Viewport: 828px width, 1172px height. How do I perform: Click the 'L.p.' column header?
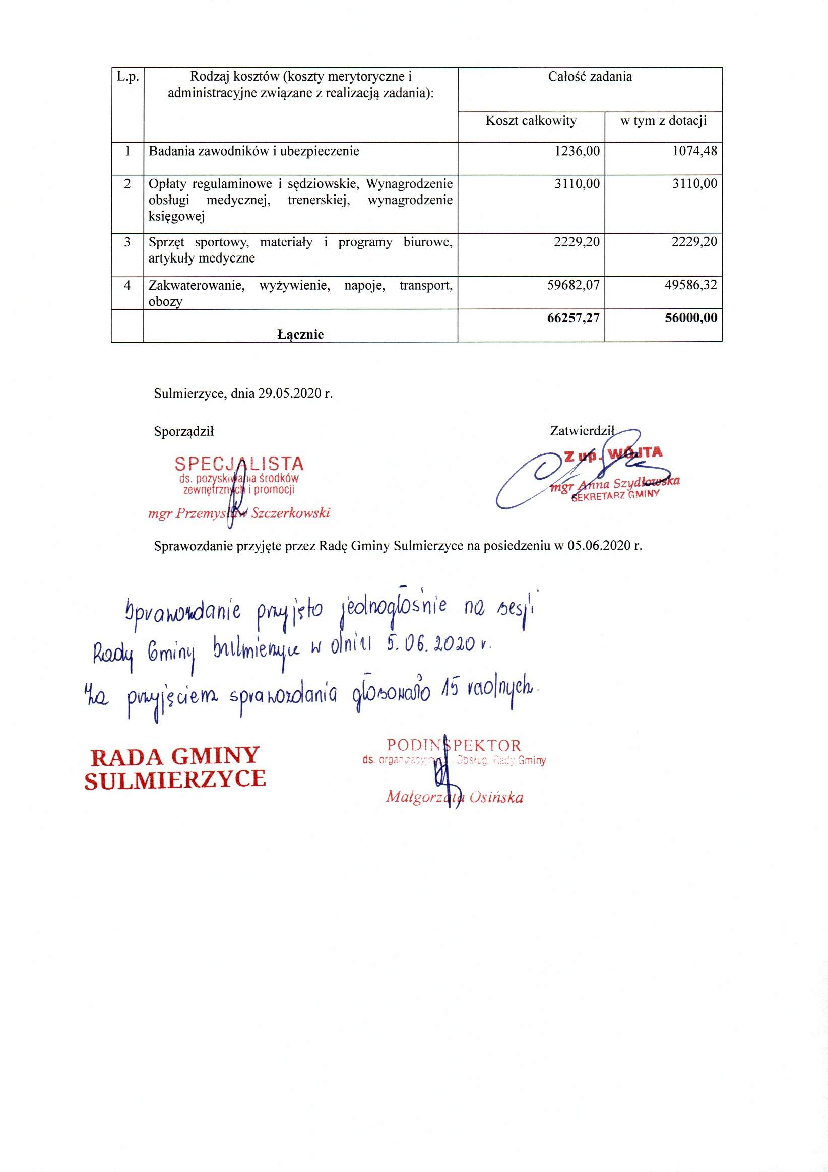(128, 77)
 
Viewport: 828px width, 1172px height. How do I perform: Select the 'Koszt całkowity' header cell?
(531, 121)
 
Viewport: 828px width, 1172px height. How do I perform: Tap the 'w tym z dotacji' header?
(663, 121)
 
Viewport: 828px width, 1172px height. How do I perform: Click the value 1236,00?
(577, 151)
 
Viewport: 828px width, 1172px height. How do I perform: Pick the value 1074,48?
(694, 151)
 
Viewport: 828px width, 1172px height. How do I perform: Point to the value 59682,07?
(574, 285)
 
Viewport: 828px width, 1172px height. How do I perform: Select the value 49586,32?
(690, 285)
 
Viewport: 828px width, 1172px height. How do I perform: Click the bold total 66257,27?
(574, 318)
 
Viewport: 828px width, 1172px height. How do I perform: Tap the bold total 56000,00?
(691, 318)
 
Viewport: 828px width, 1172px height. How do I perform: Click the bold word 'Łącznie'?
(300, 335)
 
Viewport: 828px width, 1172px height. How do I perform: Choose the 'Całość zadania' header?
(590, 77)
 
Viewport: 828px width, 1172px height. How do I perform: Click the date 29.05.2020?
(289, 394)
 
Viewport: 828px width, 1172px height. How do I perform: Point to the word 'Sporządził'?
(184, 432)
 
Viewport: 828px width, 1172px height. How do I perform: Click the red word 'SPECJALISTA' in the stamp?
(239, 464)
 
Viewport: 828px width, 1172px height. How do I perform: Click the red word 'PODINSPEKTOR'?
(454, 745)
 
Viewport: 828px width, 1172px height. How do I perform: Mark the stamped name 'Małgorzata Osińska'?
(455, 797)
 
